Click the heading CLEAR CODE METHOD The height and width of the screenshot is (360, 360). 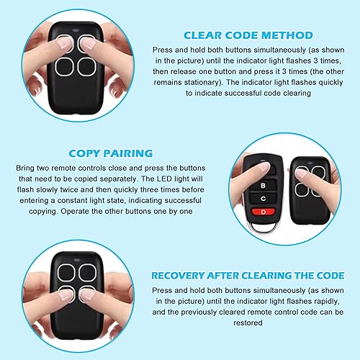pyautogui.click(x=248, y=35)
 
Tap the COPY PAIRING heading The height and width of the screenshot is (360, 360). pyautogui.click(x=111, y=153)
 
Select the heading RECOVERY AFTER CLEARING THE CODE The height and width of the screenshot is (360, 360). pyautogui.click(x=248, y=275)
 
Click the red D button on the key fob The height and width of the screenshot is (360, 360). pyautogui.click(x=264, y=212)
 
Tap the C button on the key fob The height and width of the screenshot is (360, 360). pyautogui.click(x=263, y=199)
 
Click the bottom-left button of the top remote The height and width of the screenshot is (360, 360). pyautogui.click(x=64, y=66)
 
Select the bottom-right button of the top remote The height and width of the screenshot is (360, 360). pyautogui.click(x=87, y=66)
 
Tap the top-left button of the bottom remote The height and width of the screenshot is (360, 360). pyautogui.click(x=66, y=273)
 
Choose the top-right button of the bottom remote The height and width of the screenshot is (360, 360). pyautogui.click(x=87, y=273)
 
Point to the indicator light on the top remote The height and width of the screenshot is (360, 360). pyautogui.click(x=76, y=30)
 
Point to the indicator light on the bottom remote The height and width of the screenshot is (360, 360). pyautogui.click(x=77, y=259)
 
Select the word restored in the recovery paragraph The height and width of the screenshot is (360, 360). pyautogui.click(x=248, y=323)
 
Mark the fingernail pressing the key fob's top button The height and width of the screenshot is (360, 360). pyautogui.click(x=264, y=167)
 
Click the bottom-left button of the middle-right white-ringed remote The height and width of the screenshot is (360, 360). pyautogui.click(x=302, y=190)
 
